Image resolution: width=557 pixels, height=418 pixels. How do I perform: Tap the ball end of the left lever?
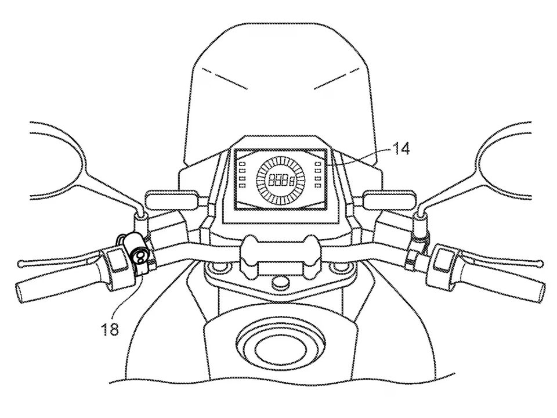[x=21, y=263]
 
